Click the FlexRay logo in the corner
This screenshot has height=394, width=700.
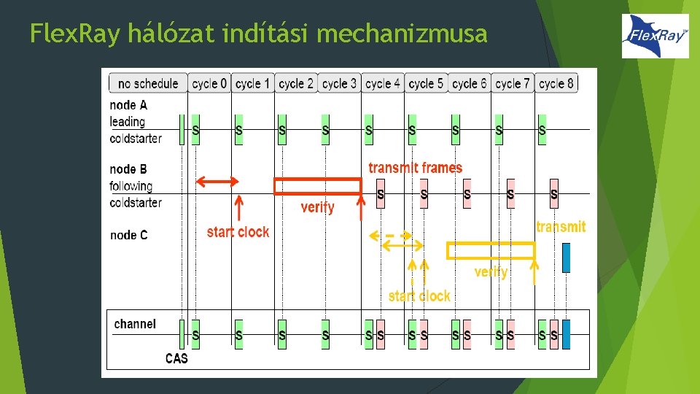655,36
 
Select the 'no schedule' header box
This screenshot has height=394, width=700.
148,83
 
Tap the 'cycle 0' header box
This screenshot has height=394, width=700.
209,83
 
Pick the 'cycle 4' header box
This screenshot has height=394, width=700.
382,83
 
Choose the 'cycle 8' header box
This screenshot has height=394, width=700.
556,83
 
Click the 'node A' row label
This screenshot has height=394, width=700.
128,105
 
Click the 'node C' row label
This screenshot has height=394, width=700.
128,235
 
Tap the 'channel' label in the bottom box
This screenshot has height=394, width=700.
135,324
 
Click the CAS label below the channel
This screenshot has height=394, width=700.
176,358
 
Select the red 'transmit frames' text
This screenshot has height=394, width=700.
415,168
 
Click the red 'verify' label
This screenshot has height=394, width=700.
317,208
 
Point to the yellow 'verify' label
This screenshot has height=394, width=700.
491,272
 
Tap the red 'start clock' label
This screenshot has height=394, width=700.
238,232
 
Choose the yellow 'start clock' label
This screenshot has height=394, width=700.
419,296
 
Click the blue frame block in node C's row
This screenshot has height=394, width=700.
566,257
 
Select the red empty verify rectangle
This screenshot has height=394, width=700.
317,186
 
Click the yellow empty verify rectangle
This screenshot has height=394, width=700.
490,250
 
